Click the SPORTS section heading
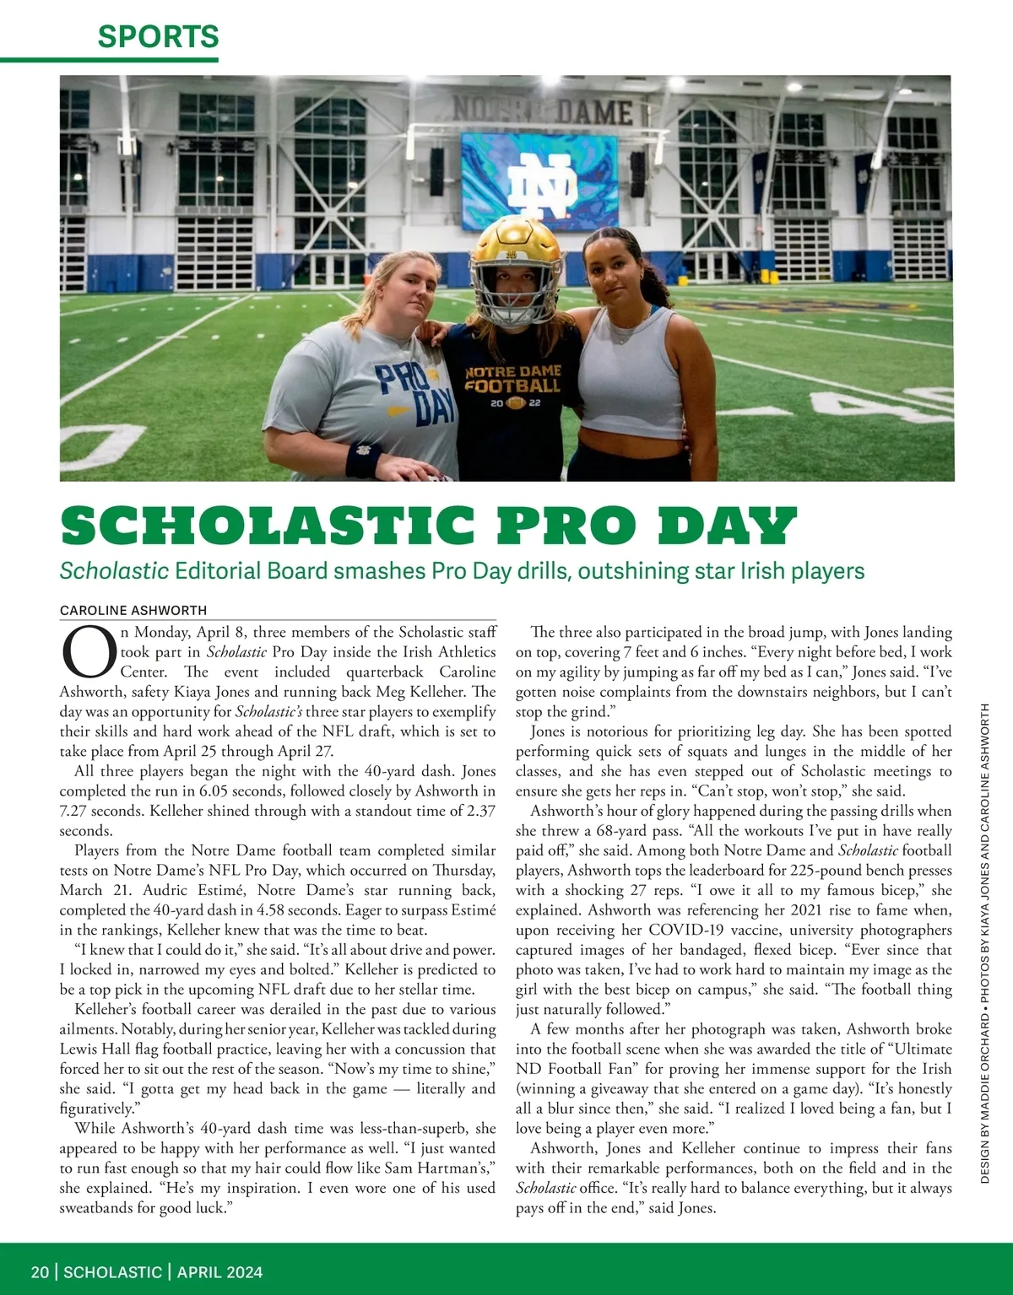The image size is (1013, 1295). (158, 36)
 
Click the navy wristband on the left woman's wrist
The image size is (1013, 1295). (364, 458)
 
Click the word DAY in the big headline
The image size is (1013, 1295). (727, 526)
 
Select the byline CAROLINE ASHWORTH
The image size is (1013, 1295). (133, 610)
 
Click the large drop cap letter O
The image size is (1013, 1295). (88, 653)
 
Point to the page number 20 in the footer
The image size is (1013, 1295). (40, 1272)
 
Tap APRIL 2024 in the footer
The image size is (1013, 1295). (219, 1272)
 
